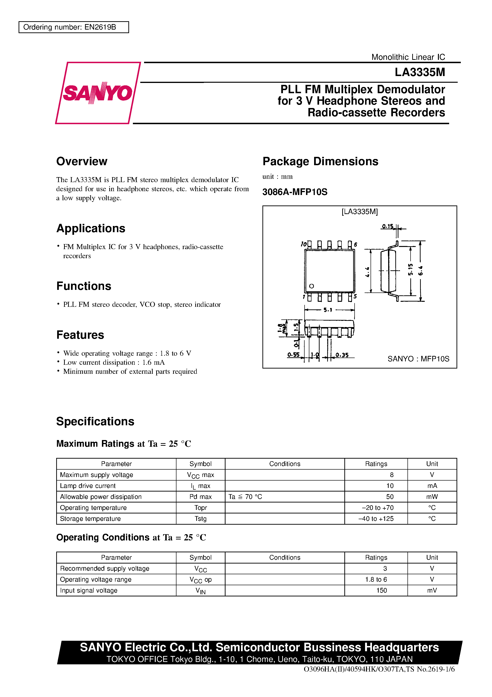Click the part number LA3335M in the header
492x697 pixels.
click(x=420, y=72)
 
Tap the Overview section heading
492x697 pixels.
click(x=82, y=161)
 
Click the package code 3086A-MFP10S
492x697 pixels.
click(x=295, y=192)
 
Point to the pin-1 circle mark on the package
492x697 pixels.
click(x=311, y=286)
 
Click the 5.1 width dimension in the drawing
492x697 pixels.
click(x=328, y=310)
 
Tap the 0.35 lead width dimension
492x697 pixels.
click(x=342, y=355)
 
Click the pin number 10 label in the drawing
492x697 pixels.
click(x=304, y=244)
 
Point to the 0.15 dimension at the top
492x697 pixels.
click(x=387, y=226)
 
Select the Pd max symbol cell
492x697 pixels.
click(x=201, y=497)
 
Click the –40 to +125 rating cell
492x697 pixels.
click(x=376, y=518)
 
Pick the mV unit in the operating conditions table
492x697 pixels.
click(x=432, y=590)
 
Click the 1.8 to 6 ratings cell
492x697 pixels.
click(x=376, y=579)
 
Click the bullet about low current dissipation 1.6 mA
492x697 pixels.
click(x=114, y=362)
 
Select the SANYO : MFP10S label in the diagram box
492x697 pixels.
click(x=418, y=359)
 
